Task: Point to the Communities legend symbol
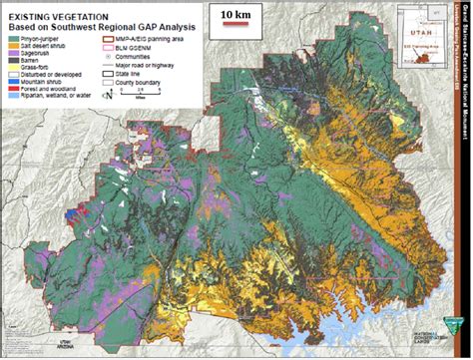coord(118,52)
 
